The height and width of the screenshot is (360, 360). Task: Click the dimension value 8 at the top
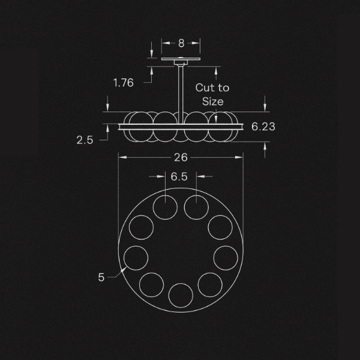[181, 43]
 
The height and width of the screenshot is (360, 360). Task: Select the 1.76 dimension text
[123, 83]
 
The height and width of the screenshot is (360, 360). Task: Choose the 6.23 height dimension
[263, 127]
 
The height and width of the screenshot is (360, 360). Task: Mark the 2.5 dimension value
[85, 140]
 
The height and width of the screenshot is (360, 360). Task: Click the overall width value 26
[181, 157]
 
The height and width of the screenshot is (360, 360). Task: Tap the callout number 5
[101, 277]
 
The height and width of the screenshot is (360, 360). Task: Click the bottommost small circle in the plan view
[180, 295]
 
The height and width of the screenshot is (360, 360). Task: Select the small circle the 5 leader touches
[136, 257]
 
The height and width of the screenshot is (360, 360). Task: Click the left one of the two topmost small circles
[165, 208]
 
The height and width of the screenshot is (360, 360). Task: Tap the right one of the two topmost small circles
[196, 208]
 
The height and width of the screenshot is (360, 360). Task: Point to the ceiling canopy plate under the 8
[181, 60]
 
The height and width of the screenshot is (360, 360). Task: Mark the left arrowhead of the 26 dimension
[120, 157]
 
